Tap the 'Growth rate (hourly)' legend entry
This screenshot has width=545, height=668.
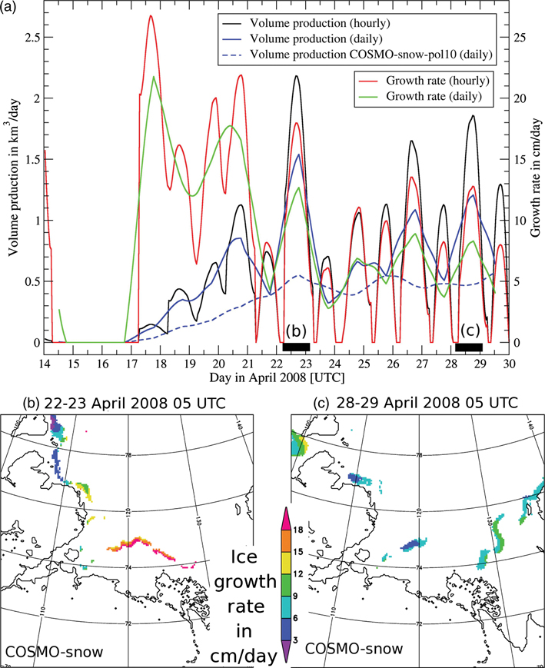(421, 80)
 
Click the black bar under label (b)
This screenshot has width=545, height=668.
(296, 347)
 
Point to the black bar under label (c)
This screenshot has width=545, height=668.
(469, 347)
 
